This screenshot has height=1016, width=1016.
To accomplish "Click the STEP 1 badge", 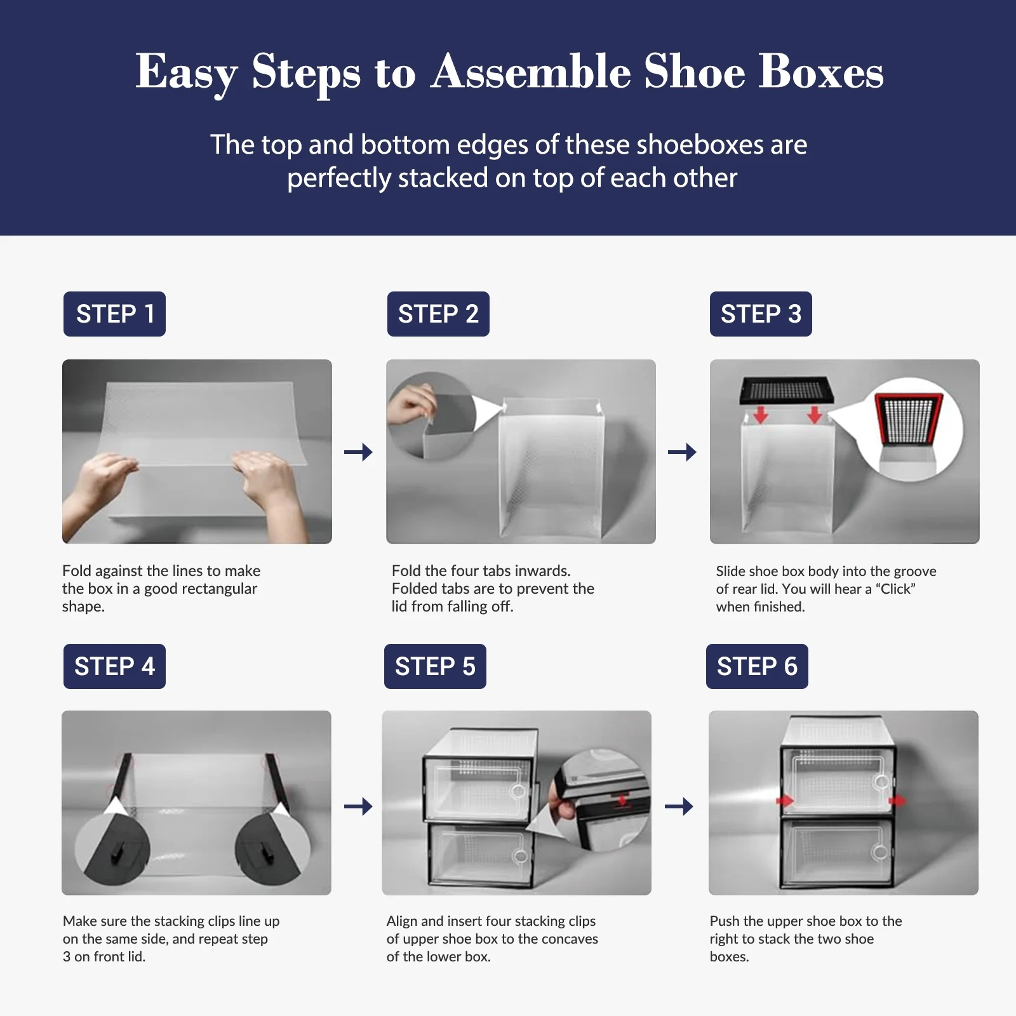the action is point(114,314).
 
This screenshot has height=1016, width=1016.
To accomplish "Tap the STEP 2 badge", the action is point(438,314).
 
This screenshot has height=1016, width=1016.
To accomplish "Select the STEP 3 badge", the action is point(761,314).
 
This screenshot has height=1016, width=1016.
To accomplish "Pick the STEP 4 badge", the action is point(114,666).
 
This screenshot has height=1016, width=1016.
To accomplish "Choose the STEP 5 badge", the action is point(435,666).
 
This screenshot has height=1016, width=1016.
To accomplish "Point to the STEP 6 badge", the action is point(757,666).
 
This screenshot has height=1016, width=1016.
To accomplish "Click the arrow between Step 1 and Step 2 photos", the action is point(358,452).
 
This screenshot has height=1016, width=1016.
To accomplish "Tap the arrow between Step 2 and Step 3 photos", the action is point(682,452).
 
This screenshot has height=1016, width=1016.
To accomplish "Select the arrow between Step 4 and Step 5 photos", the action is point(358,806).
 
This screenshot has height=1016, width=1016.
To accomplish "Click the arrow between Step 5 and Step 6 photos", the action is point(679,806).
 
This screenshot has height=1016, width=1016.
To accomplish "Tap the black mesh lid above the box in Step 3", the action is point(787,391).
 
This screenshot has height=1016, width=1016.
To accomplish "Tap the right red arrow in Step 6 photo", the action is point(897,801).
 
